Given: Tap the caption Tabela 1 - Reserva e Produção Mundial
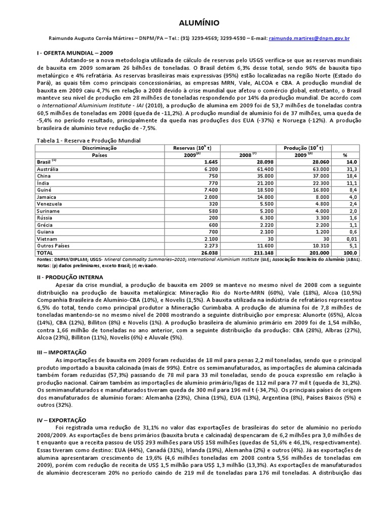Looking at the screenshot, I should tap(88, 140).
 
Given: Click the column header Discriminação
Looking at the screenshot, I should tap(99, 148).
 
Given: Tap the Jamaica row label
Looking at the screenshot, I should tap(47, 197).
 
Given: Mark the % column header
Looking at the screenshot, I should tap(345, 155).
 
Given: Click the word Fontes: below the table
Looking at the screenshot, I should tap(45, 258).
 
